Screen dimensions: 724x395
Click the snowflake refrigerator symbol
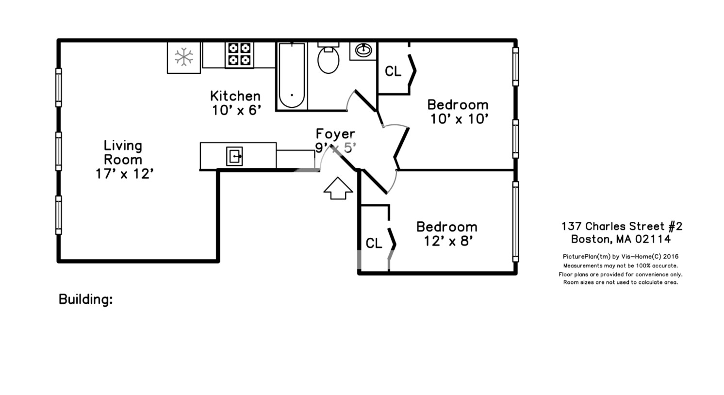click(x=183, y=57)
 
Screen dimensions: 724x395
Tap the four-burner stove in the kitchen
click(x=239, y=55)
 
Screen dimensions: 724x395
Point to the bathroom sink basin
click(x=363, y=50)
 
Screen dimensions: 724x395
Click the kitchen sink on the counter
click(x=234, y=156)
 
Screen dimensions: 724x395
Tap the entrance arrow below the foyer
click(x=338, y=188)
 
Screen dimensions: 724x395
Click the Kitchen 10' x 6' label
click(x=236, y=103)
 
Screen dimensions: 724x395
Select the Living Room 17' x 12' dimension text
click(x=124, y=174)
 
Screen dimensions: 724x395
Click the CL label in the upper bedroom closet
click(x=393, y=71)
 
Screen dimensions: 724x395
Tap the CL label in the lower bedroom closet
click(x=374, y=244)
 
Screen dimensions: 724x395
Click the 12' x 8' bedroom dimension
click(x=448, y=241)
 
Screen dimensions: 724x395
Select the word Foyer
click(x=335, y=134)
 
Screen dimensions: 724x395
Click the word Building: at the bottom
click(x=86, y=299)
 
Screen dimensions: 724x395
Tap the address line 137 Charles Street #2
click(x=622, y=226)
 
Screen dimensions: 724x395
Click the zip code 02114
click(x=653, y=239)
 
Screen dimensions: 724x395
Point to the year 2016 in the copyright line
click(x=671, y=257)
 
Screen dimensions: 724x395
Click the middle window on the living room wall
click(x=59, y=151)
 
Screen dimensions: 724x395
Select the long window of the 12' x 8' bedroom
click(x=515, y=222)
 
